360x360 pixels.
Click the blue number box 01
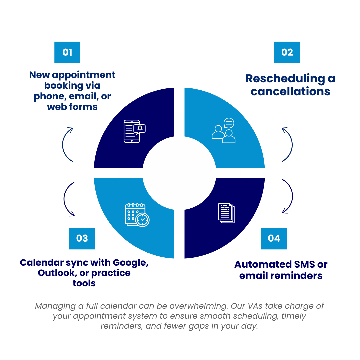point(67,52)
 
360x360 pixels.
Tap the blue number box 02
point(287,52)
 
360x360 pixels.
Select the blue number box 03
point(82,238)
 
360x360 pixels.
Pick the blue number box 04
point(274,238)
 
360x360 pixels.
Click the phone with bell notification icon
point(134,131)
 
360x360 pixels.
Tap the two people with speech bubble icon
point(224,131)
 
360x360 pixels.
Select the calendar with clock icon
point(137,215)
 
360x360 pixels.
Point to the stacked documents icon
point(227,213)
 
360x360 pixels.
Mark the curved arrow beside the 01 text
point(67,144)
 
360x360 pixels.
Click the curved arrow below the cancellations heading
point(288,144)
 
